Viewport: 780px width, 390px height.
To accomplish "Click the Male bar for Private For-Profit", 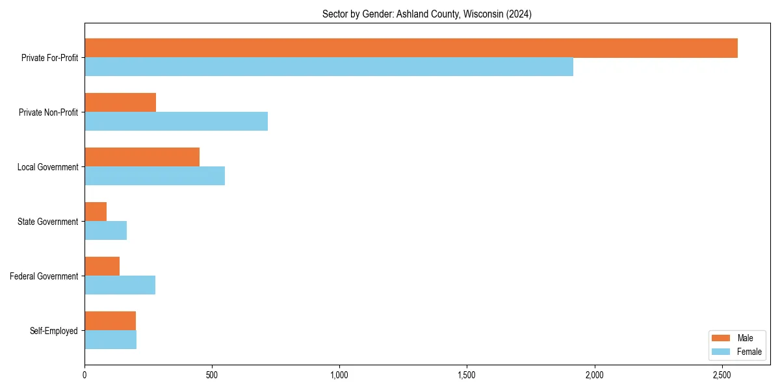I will [411, 48].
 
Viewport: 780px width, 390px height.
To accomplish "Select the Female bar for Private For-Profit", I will [329, 67].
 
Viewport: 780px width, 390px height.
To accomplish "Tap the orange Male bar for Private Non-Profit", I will [120, 103].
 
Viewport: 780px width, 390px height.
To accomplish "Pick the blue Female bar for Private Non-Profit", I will [176, 122].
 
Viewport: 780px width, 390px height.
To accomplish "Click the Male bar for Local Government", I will [142, 157].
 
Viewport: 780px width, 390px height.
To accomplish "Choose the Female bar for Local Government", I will [155, 176].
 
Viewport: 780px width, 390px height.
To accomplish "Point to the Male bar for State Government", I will [96, 212].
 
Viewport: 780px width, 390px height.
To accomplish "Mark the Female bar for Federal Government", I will [120, 285].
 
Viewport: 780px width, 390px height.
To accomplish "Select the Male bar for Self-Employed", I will [110, 321].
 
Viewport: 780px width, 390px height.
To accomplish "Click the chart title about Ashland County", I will [427, 14].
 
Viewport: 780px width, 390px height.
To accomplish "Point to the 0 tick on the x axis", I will [84, 375].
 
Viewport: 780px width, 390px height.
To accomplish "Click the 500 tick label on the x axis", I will [212, 375].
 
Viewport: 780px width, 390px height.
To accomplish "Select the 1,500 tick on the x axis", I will [467, 375].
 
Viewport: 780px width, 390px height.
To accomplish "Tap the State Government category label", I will [47, 222].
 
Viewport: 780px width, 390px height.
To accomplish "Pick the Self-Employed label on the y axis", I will [53, 331].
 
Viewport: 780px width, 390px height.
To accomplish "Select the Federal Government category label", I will [44, 276].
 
